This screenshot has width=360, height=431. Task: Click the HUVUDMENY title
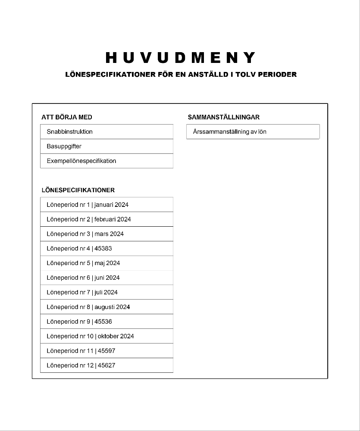click(x=180, y=58)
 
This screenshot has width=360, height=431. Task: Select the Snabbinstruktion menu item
click(x=69, y=131)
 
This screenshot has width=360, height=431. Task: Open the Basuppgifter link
click(x=64, y=146)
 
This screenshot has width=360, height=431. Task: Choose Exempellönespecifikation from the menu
click(x=81, y=161)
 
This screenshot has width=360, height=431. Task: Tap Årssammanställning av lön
click(x=229, y=131)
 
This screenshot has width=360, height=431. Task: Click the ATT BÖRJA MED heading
click(x=67, y=117)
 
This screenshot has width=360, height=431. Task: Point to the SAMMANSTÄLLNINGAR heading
click(x=223, y=117)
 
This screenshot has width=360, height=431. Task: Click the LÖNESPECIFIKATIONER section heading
click(x=78, y=190)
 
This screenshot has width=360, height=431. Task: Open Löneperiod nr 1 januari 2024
click(x=88, y=205)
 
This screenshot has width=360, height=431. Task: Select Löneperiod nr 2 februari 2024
click(x=89, y=219)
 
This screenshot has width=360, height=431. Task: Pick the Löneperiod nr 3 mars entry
click(x=85, y=234)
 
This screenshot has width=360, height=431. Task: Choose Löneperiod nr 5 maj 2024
click(x=83, y=263)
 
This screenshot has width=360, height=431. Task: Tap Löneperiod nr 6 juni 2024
click(x=83, y=278)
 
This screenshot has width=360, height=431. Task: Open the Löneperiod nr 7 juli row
click(x=82, y=292)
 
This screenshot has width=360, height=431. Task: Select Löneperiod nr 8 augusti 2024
click(x=88, y=307)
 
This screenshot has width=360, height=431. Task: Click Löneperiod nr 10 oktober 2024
click(x=90, y=336)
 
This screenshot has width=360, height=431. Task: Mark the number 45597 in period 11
click(x=106, y=351)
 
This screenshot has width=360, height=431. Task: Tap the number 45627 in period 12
click(x=106, y=365)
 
